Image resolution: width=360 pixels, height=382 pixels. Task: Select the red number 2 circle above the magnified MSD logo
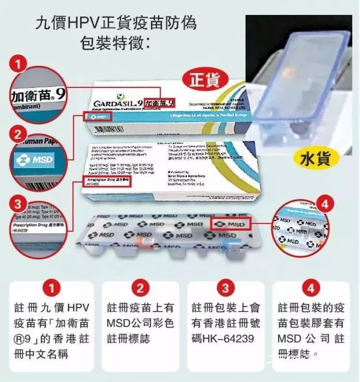click(x=18, y=133)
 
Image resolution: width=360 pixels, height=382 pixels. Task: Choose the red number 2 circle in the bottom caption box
click(x=140, y=288)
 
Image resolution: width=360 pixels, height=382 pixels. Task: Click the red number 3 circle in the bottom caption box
click(x=225, y=288)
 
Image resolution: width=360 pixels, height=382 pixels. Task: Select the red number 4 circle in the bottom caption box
click(x=311, y=288)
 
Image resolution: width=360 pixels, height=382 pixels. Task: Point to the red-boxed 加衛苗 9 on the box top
click(x=160, y=102)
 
